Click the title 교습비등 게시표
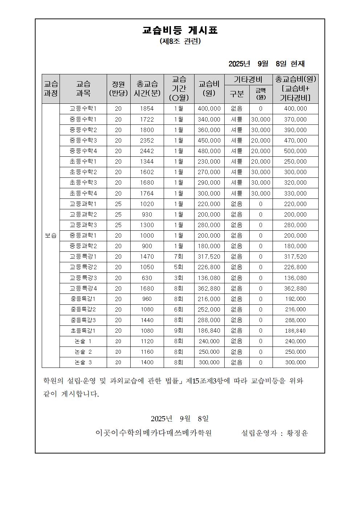pos(180,30)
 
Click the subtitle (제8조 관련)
pos(180,41)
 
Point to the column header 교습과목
pos(83,89)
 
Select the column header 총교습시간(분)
pos(147,89)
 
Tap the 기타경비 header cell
pos(248,79)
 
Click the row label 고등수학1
pos(83,108)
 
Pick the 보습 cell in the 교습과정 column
pos(51,235)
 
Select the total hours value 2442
pos(147,151)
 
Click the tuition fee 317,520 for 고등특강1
pos(209,256)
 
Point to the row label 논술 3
pos(83,362)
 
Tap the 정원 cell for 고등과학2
pos(118,214)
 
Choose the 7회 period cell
pos(179,256)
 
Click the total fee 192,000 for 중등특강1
pos(295,299)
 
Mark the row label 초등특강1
pos(83,331)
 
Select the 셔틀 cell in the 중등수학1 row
pos(237,119)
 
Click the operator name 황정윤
pos(297,433)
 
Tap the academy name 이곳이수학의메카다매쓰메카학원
pos(154,433)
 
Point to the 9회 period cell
pos(179,331)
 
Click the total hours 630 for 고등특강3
pos(147,278)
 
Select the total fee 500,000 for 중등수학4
pos(295,151)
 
